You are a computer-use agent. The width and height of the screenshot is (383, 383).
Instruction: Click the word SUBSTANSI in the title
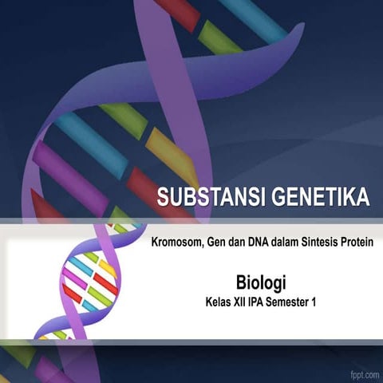click(210, 196)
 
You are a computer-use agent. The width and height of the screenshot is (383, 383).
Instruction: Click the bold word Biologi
click(261, 283)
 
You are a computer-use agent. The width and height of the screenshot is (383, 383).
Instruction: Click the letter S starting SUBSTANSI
click(164, 196)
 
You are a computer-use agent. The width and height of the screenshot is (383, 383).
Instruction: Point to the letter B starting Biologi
click(241, 282)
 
